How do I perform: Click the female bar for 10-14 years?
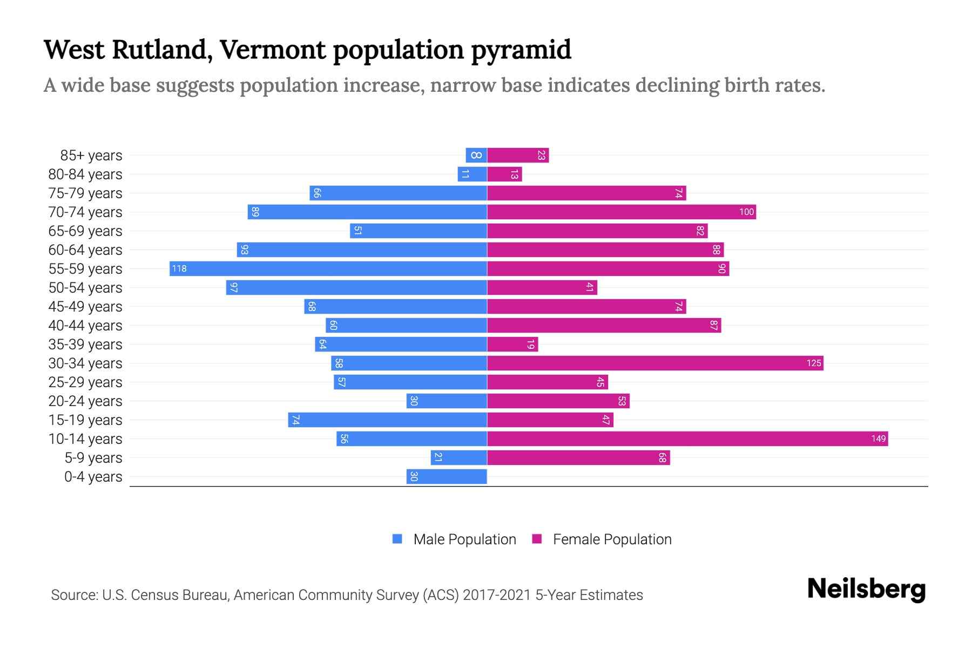click(x=687, y=438)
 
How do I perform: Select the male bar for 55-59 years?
click(x=328, y=268)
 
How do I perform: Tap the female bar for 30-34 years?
click(x=654, y=363)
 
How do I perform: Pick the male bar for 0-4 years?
click(x=447, y=476)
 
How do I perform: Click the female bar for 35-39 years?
click(x=512, y=344)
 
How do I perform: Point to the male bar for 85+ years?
click(x=476, y=155)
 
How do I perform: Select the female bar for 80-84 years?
click(x=504, y=174)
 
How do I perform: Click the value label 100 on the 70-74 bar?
click(x=746, y=212)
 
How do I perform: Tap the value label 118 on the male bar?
click(x=179, y=268)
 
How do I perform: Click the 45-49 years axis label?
click(x=85, y=306)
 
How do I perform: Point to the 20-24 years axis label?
click(x=85, y=401)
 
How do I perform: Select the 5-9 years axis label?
click(x=93, y=457)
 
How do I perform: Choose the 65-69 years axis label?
click(x=85, y=231)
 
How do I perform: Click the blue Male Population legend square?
click(x=397, y=539)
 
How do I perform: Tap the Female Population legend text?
click(x=612, y=539)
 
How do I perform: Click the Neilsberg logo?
click(x=866, y=589)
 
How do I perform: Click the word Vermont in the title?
click(x=273, y=50)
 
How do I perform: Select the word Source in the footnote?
click(x=73, y=595)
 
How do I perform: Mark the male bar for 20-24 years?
click(x=447, y=401)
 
